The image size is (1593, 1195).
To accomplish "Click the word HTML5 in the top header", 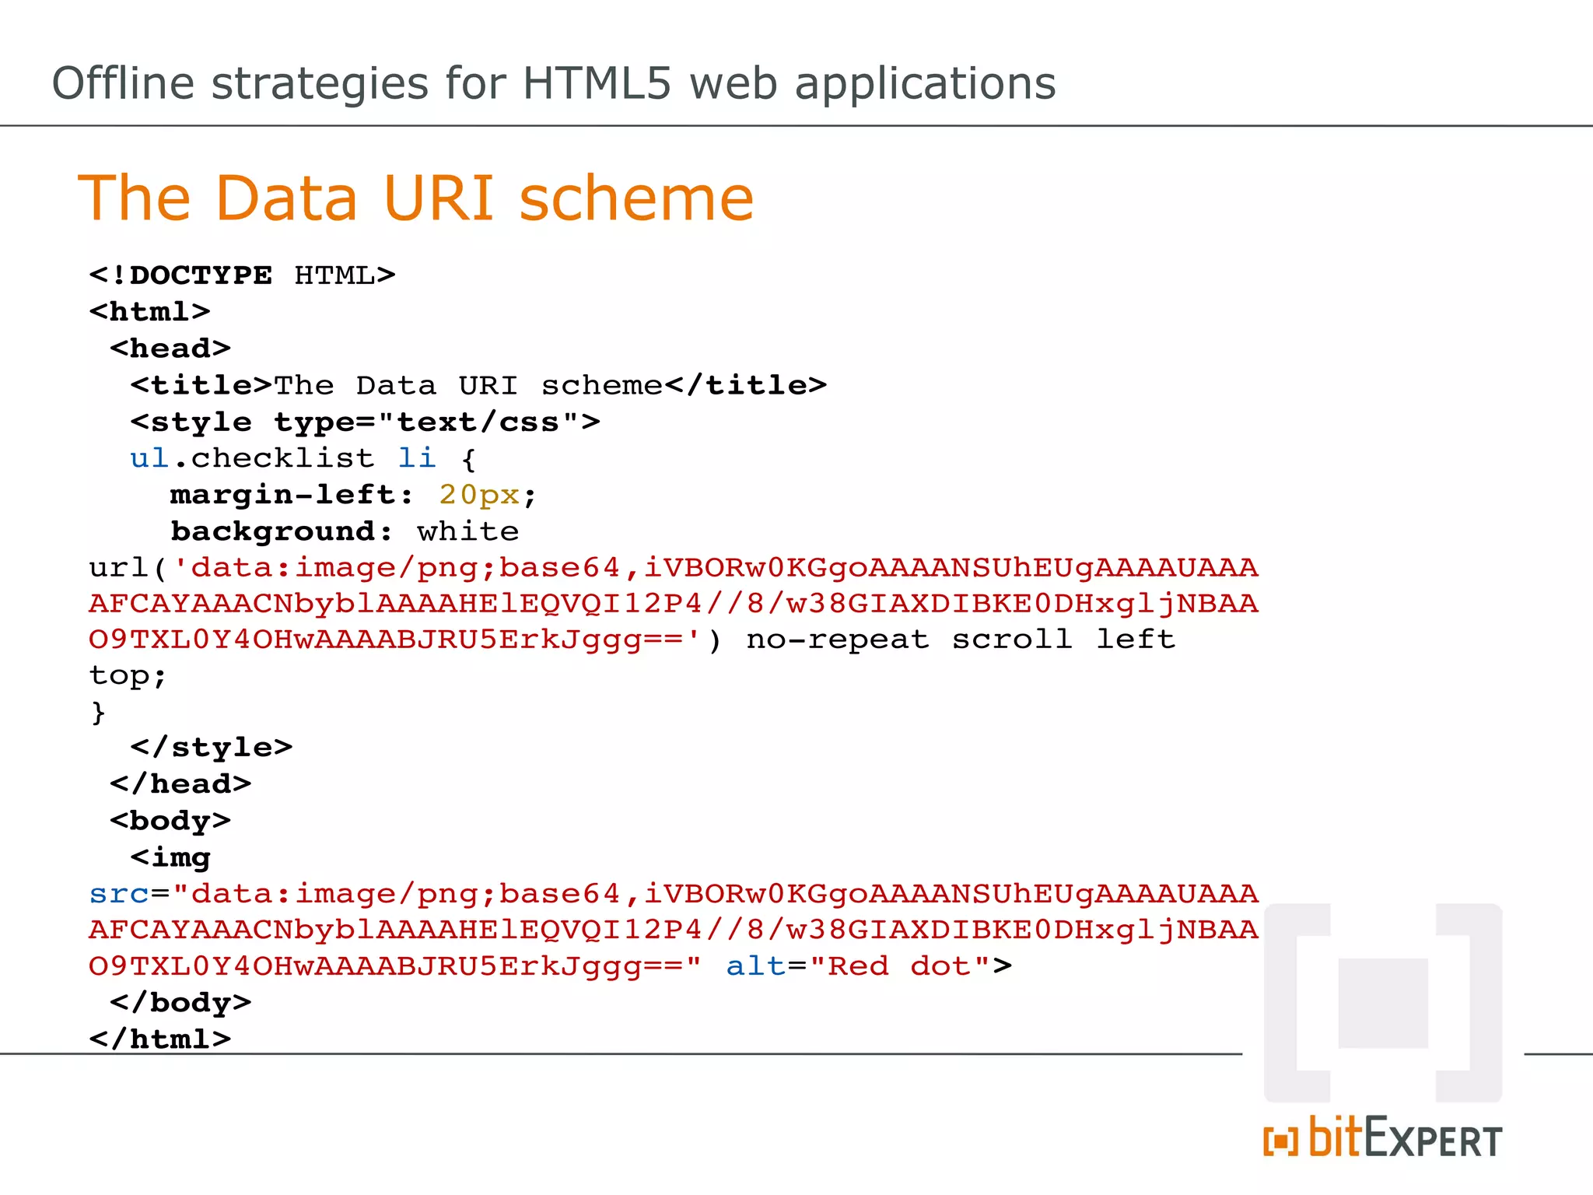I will [x=596, y=84].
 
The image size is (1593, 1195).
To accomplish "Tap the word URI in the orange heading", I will [x=439, y=198].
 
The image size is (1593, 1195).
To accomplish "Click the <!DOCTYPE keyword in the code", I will [x=180, y=275].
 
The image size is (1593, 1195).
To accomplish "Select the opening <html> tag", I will [x=149, y=312].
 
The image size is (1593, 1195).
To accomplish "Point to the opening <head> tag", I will [x=170, y=349].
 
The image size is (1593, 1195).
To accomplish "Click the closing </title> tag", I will [x=746, y=385].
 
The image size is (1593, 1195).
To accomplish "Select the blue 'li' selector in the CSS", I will [x=417, y=458].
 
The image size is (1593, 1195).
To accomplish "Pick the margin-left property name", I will [x=283, y=495].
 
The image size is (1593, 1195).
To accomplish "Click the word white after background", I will [x=467, y=531].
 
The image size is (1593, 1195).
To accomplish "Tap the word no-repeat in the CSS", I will [x=838, y=640].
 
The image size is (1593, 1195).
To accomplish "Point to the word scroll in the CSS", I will [x=1012, y=640].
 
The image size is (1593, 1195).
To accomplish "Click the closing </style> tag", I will [x=212, y=748].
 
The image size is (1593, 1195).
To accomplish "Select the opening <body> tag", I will [x=170, y=821].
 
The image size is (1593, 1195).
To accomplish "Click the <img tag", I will [x=170, y=857].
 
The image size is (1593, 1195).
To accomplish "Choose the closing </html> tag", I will [x=160, y=1039].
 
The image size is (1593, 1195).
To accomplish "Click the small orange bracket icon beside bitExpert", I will [x=1280, y=1141].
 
